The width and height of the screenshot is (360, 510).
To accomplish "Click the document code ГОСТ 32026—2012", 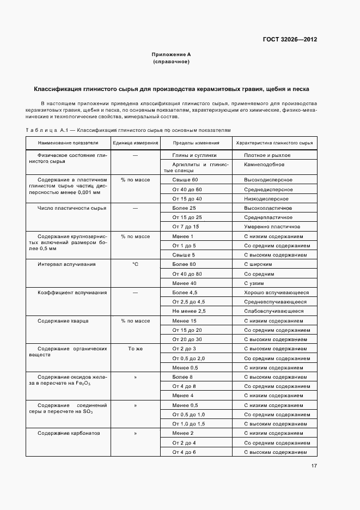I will [290, 39].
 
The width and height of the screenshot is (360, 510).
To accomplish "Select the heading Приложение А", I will [171, 55].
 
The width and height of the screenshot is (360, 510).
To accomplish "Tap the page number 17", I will [314, 466].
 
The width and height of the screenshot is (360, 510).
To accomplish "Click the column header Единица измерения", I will [135, 143].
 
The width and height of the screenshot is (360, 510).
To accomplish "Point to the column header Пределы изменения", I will [196, 143].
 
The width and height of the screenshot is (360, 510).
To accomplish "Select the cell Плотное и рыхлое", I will [267, 155].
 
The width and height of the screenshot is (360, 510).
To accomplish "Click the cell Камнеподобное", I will [265, 164].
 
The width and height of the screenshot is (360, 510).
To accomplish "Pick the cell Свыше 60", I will [185, 180].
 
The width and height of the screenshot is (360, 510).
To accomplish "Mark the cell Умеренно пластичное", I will [272, 227].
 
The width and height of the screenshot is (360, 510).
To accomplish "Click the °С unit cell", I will [135, 264].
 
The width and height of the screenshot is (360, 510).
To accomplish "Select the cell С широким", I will [258, 264].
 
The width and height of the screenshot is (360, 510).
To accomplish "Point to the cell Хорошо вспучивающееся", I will [276, 293].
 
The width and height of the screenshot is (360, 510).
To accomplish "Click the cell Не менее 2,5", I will [189, 311].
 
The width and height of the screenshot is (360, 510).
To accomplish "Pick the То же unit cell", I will [135, 349].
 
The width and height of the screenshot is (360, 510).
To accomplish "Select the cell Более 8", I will [182, 377].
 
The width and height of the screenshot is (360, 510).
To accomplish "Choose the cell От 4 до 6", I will [184, 452].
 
